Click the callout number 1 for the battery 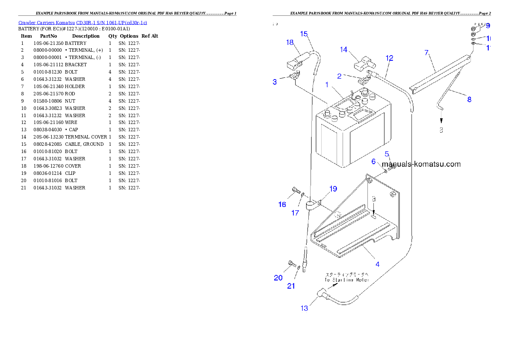pos(327,85)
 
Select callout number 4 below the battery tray pos(377,264)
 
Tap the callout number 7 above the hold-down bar pos(426,53)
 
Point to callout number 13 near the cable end pos(304,308)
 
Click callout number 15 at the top pos(304,34)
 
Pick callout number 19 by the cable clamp pos(333,189)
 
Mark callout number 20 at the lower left pos(278,278)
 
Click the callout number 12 pos(389,58)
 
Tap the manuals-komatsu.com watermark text pos(421,164)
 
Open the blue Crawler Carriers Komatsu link pos(83,23)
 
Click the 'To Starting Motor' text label pos(346,280)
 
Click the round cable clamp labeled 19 pos(311,205)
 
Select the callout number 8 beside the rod pos(469,100)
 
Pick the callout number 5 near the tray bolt pos(387,153)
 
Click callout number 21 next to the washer pos(291,286)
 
